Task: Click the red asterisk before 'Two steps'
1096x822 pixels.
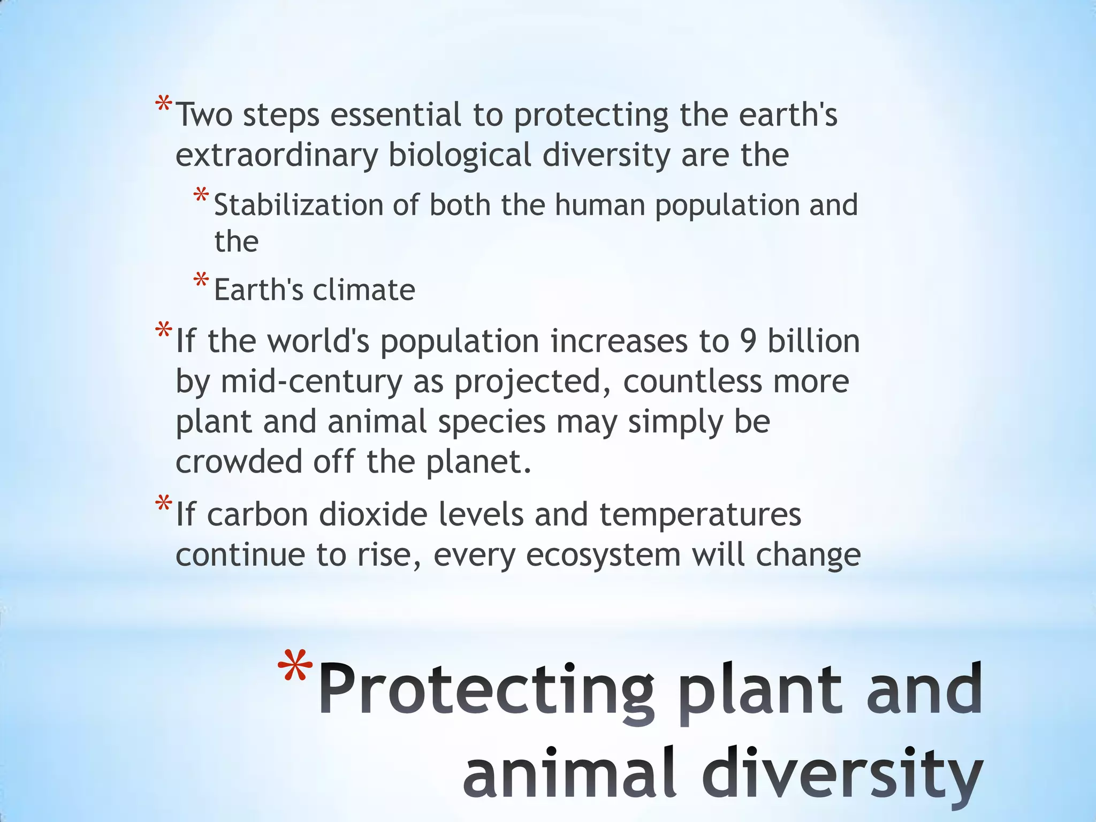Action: (x=163, y=104)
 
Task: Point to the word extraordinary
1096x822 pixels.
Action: (x=276, y=155)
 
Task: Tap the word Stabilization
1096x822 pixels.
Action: (x=298, y=205)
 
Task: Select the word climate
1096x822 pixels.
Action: (x=364, y=290)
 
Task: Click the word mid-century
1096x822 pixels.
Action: (x=311, y=382)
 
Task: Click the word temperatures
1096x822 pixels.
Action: (x=700, y=515)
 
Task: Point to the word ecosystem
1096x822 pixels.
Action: (x=603, y=555)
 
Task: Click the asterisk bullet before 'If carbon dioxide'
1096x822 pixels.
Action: (x=163, y=504)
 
